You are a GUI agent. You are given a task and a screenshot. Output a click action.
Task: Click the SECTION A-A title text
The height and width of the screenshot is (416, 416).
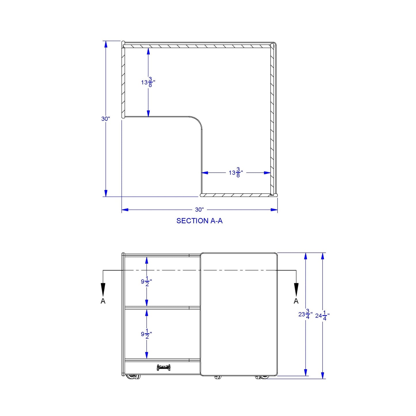[199, 221]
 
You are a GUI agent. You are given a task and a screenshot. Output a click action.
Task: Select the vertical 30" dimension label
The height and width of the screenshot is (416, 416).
[106, 119]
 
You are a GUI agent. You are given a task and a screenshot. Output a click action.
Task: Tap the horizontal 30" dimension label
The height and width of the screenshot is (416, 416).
[199, 210]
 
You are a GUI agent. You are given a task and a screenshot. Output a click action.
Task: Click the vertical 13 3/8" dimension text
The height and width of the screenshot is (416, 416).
[148, 82]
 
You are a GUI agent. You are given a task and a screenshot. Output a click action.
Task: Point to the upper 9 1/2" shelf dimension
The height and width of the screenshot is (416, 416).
[147, 282]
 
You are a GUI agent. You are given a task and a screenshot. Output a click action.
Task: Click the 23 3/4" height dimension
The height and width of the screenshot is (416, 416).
[305, 314]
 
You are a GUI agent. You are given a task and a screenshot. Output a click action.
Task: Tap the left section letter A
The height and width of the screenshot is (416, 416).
[103, 301]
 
